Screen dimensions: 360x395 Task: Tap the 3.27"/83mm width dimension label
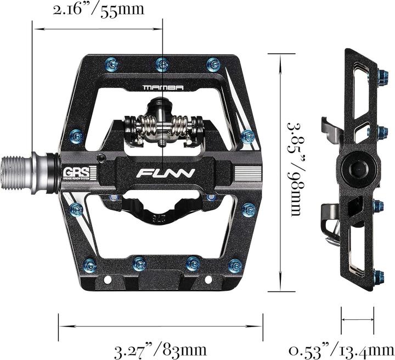point(160,349)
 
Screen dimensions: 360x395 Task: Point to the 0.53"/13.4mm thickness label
point(342,349)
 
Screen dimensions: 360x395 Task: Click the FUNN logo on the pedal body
point(165,175)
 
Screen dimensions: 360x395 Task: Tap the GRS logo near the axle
point(70,171)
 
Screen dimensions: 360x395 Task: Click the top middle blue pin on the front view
point(160,65)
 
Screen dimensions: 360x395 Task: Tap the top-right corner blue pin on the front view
point(213,65)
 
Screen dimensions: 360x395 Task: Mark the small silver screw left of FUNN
point(101,159)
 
